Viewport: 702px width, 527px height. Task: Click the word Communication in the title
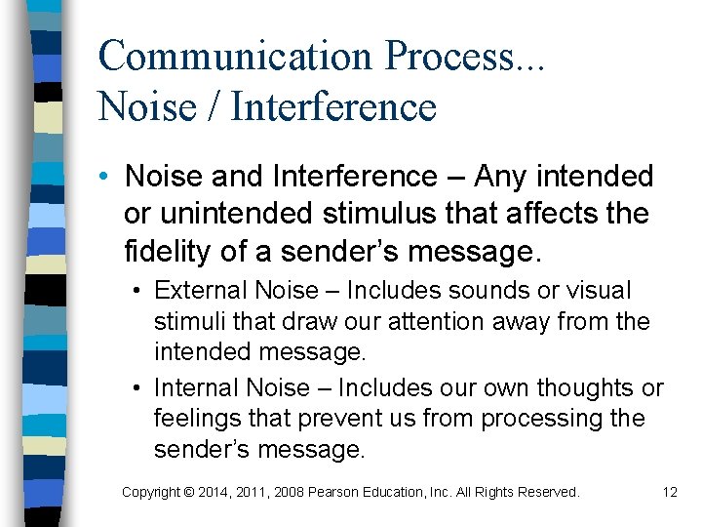(x=235, y=56)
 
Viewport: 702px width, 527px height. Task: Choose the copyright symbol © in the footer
(x=187, y=493)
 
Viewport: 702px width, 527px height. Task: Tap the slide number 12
(x=669, y=493)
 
